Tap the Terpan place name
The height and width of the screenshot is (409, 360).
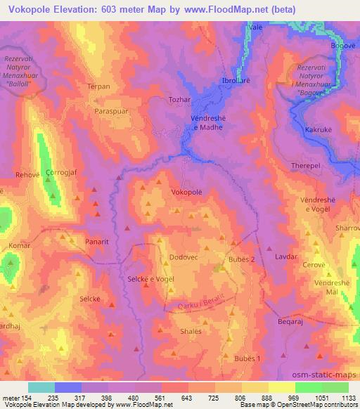tap(98, 86)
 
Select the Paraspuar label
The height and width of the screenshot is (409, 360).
tap(112, 111)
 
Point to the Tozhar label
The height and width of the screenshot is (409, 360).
tap(179, 100)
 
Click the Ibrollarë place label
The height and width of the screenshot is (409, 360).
tap(239, 79)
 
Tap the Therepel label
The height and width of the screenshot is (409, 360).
tap(305, 165)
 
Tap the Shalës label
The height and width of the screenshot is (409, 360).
tap(191, 332)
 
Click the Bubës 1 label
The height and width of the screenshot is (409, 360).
tap(247, 358)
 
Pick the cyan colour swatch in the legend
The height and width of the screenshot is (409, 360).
tap(41, 387)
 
